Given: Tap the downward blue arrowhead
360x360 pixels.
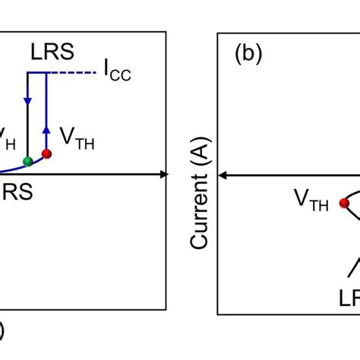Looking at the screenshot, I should click(x=28, y=101).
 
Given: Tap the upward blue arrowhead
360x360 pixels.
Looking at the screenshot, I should click(x=47, y=131).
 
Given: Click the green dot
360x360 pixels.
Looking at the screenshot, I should click(x=28, y=160).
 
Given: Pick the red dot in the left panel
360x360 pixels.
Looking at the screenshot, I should click(x=47, y=154).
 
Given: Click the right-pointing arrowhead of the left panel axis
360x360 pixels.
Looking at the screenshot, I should click(x=163, y=175).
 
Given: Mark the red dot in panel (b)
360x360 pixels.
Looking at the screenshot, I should click(x=344, y=203).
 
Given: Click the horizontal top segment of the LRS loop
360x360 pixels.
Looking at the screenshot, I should click(x=38, y=73).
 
